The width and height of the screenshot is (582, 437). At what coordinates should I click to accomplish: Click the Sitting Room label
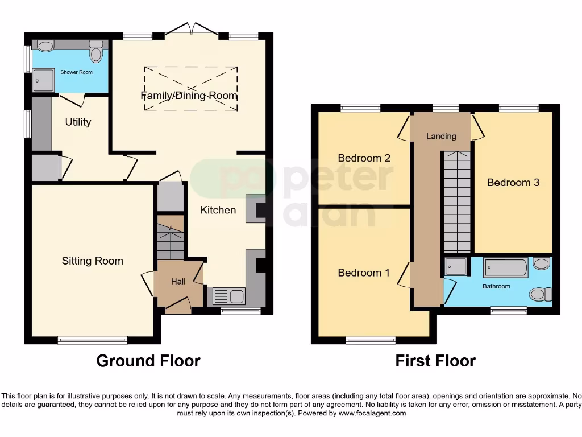(92, 261)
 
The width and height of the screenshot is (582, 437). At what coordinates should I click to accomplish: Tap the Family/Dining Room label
(189, 96)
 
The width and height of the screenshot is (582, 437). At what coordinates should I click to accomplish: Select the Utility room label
(78, 122)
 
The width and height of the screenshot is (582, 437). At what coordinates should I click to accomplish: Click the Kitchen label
(218, 210)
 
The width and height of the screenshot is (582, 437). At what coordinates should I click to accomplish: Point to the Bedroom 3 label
(513, 183)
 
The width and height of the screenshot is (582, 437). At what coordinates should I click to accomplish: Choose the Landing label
(441, 136)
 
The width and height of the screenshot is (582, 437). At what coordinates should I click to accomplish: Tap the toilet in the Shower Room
(96, 52)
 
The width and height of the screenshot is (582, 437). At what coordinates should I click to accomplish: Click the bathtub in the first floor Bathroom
(505, 267)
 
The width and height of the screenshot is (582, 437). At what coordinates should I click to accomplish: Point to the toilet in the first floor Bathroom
(539, 294)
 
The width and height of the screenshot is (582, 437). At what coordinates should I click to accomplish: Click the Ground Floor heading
(148, 361)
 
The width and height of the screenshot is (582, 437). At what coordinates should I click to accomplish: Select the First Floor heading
(435, 361)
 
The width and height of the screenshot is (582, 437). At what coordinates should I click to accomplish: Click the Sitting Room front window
(92, 340)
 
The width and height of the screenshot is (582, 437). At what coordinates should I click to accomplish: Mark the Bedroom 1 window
(371, 340)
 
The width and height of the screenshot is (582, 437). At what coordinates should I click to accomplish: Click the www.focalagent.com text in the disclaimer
(372, 413)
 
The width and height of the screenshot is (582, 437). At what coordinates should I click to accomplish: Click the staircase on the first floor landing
(457, 202)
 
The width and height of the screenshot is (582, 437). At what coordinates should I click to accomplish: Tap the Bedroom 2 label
(364, 158)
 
